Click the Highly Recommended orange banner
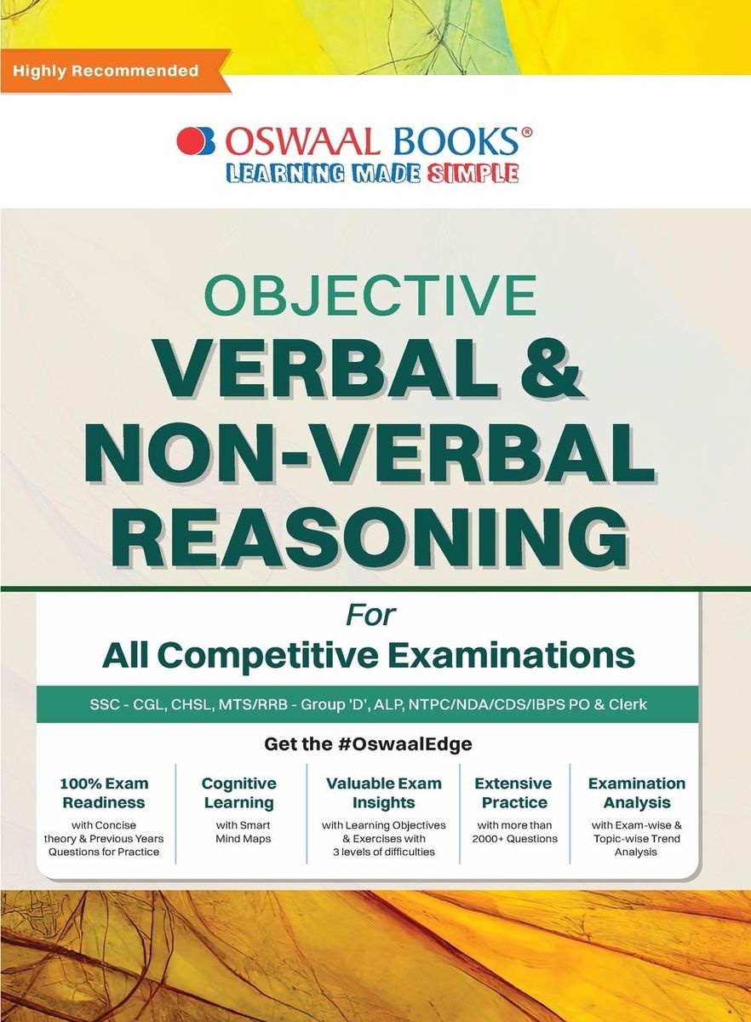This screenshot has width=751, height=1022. pyautogui.click(x=106, y=71)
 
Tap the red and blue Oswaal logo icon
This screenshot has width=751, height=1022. pyautogui.click(x=196, y=141)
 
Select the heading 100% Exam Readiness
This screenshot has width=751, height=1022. pyautogui.click(x=104, y=793)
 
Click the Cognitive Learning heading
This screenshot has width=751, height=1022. pyautogui.click(x=238, y=793)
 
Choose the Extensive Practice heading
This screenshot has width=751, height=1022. pyautogui.click(x=513, y=793)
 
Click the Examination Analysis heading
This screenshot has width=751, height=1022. pyautogui.click(x=636, y=793)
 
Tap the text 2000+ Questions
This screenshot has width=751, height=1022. pyautogui.click(x=514, y=839)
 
